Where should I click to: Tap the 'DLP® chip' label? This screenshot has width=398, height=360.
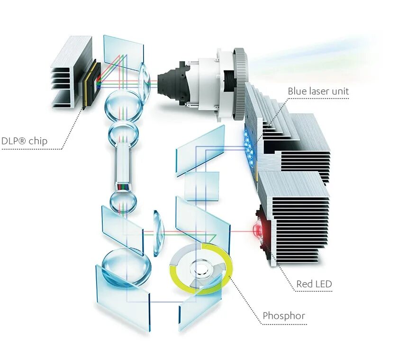coord(24,141)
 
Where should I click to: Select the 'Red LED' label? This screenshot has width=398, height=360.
coord(314,284)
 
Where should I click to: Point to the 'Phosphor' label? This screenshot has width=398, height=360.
coord(284,315)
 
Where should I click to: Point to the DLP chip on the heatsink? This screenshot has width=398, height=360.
coord(89,83)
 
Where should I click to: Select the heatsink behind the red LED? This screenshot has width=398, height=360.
coord(294,218)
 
